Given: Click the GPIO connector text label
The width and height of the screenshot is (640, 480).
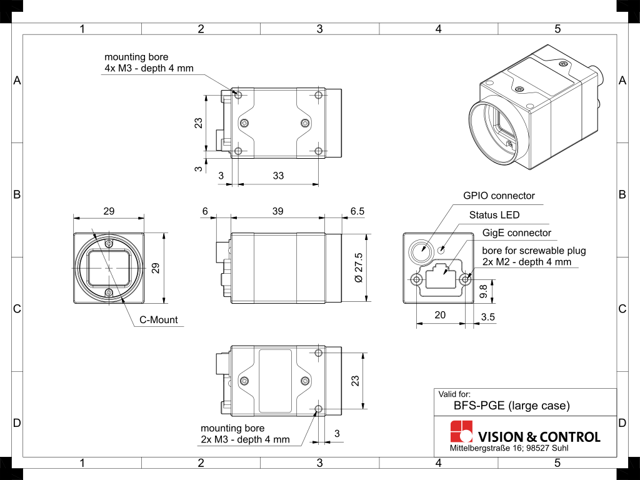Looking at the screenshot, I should [499, 196].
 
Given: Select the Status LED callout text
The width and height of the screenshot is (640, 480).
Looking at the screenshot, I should [494, 215].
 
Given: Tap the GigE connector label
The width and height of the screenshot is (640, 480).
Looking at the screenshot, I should [517, 233].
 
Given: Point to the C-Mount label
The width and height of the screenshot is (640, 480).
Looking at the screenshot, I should [158, 320].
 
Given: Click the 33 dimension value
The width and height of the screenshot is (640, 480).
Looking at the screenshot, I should [278, 176].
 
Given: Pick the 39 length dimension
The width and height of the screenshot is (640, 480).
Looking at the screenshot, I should [277, 212].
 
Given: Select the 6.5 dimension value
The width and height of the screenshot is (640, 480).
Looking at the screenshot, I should [357, 212].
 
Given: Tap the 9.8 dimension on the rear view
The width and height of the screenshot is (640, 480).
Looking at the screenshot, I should [483, 291].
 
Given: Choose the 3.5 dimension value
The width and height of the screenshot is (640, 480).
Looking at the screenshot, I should [489, 317].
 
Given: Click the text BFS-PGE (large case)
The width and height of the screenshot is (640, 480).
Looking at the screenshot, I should [511, 406].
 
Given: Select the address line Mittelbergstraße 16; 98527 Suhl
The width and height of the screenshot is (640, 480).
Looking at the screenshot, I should [509, 449].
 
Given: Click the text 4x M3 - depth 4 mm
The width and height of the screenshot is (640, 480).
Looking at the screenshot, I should [149, 68].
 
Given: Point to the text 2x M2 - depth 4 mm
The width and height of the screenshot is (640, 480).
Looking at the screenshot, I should [526, 262].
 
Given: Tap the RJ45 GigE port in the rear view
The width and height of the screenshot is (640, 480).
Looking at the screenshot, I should [442, 279].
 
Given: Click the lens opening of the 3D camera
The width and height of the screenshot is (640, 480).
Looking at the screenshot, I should [498, 128].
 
